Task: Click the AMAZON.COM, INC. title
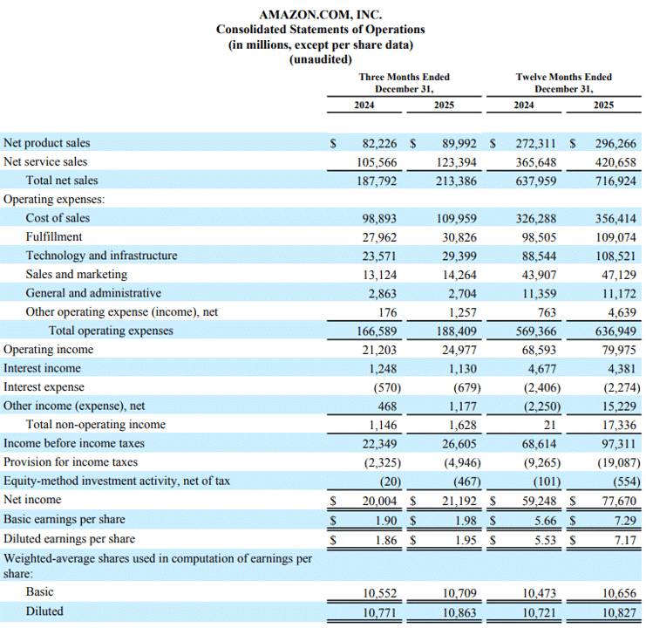coord(321,15)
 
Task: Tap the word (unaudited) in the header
coord(321,59)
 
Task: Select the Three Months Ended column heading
coord(405,77)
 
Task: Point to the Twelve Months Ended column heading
coord(563,77)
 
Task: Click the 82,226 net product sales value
coord(379,143)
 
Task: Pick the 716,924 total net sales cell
coord(615,181)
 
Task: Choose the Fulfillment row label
coord(54,236)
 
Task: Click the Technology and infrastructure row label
coord(101,256)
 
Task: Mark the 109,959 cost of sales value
coord(457,218)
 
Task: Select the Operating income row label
coord(48,350)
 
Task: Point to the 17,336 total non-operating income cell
coord(619,425)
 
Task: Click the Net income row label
coord(32,500)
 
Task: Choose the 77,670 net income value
coord(619,501)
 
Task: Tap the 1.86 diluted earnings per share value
coord(386,540)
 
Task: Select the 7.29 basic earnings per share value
coord(625,521)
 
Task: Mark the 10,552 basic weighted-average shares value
coord(379,593)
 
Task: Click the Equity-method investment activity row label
coord(117,481)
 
